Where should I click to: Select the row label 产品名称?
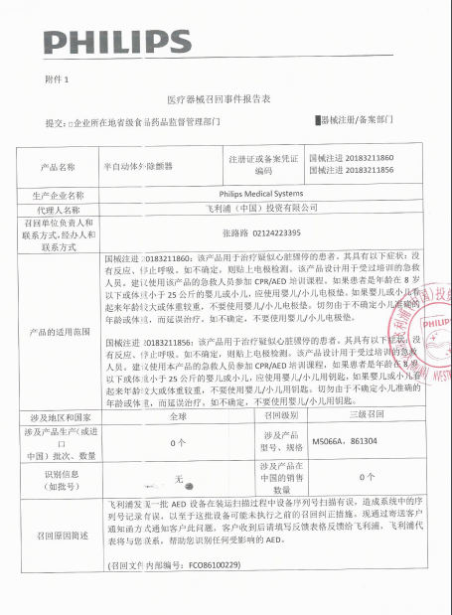point(57,167)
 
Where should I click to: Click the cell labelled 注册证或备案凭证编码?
point(263,165)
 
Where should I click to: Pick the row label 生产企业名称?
point(56,195)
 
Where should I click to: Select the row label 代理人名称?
point(57,210)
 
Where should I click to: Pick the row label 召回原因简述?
point(57,534)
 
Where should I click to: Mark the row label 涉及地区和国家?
point(57,417)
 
